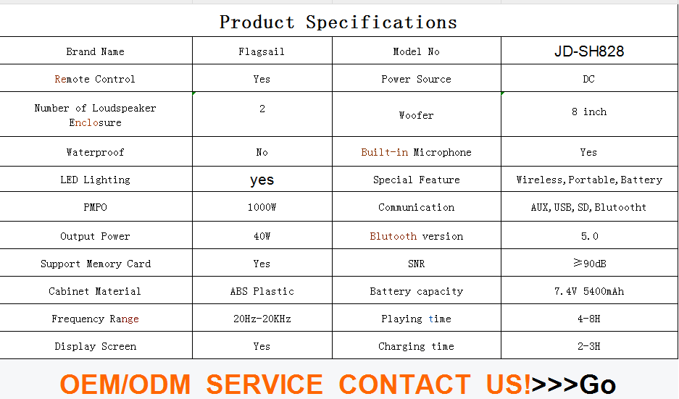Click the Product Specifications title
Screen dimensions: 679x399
(x=338, y=22)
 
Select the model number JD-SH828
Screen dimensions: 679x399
(x=589, y=51)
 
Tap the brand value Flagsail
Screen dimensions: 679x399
(x=262, y=52)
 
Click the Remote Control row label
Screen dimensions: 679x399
(x=95, y=79)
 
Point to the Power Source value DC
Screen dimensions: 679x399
(x=589, y=79)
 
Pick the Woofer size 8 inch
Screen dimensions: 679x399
(x=589, y=112)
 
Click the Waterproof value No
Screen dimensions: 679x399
(x=262, y=152)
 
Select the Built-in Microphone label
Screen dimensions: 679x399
(x=416, y=152)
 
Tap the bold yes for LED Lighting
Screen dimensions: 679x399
(x=262, y=180)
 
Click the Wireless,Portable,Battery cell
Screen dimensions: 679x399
(x=589, y=180)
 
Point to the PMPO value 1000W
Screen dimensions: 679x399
(x=262, y=207)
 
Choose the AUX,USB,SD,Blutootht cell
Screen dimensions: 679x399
(x=589, y=207)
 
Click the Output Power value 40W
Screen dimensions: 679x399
(x=262, y=236)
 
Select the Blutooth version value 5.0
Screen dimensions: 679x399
(x=589, y=236)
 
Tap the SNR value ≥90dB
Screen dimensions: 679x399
(x=589, y=263)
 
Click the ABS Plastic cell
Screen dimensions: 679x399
(x=262, y=291)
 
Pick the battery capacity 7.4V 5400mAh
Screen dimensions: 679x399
(x=589, y=291)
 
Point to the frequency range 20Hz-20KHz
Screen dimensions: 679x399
(x=262, y=319)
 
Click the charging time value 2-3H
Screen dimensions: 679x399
(x=589, y=346)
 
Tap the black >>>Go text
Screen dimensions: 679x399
(x=573, y=385)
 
